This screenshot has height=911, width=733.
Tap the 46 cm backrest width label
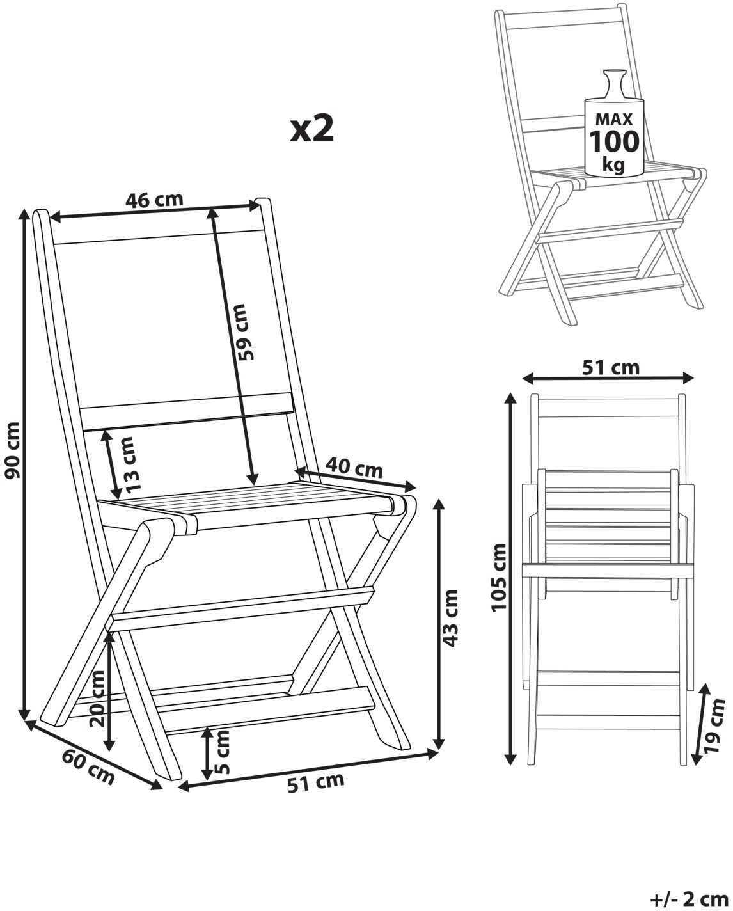(155, 200)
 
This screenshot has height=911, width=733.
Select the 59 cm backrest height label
(247, 332)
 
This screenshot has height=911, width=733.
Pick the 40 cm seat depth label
(354, 468)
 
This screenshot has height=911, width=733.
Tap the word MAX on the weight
(614, 120)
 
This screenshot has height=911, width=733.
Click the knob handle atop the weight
(615, 83)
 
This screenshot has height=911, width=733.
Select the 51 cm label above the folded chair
(611, 367)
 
